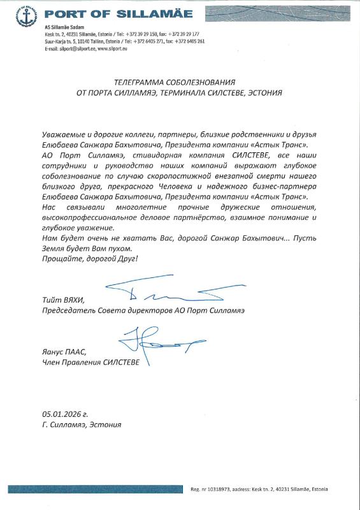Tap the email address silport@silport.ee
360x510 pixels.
click(69, 48)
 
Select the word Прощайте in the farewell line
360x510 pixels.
click(61, 259)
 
